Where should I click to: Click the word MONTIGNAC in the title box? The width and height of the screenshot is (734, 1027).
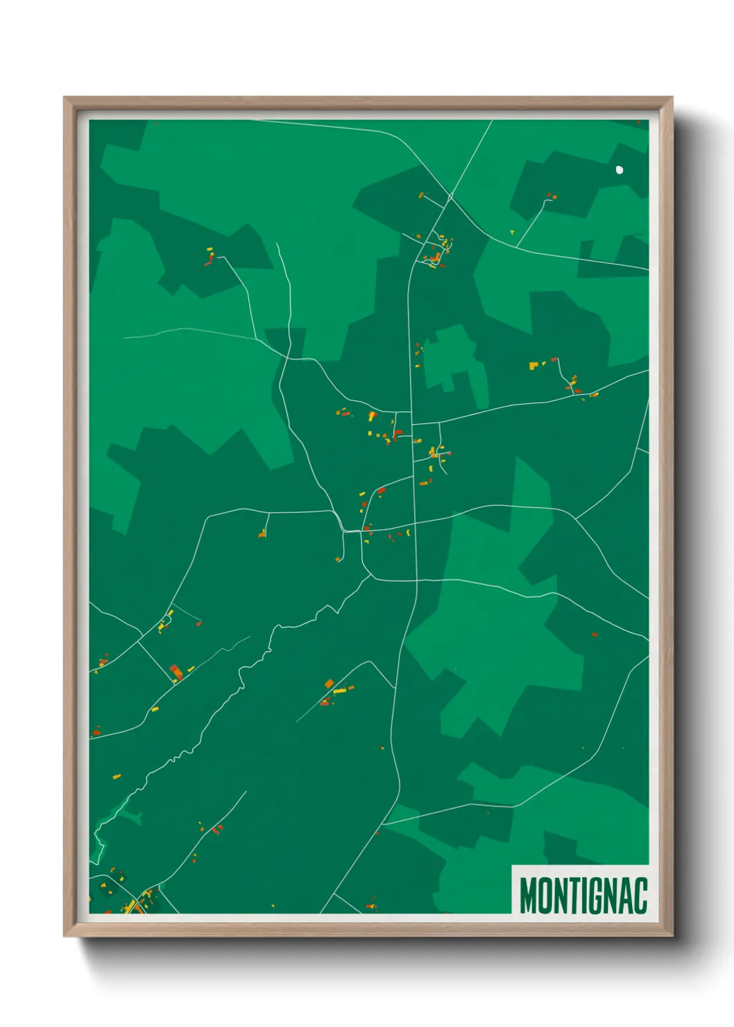click(x=583, y=895)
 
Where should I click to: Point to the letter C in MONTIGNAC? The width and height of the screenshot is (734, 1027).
click(x=640, y=895)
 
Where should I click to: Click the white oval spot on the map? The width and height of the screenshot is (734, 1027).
click(x=620, y=169)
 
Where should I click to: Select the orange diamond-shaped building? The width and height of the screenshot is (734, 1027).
click(x=329, y=684)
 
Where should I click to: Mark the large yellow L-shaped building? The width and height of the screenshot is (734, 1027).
click(x=372, y=416)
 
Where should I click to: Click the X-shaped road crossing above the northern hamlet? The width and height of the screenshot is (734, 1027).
click(x=450, y=198)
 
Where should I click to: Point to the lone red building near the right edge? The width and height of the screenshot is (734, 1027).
click(x=595, y=634)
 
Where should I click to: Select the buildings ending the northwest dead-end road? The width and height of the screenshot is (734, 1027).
click(x=210, y=257)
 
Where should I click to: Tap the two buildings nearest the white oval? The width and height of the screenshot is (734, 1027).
click(x=551, y=196)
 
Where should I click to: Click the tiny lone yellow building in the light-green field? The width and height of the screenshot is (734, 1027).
click(x=512, y=232)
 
